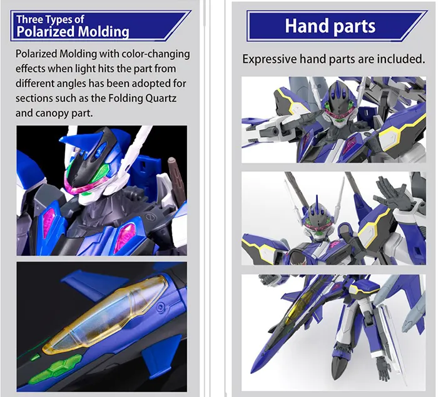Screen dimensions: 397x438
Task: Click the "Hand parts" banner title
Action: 330,26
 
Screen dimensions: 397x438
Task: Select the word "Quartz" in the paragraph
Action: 168,98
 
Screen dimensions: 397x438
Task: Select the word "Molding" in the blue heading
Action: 101,32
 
